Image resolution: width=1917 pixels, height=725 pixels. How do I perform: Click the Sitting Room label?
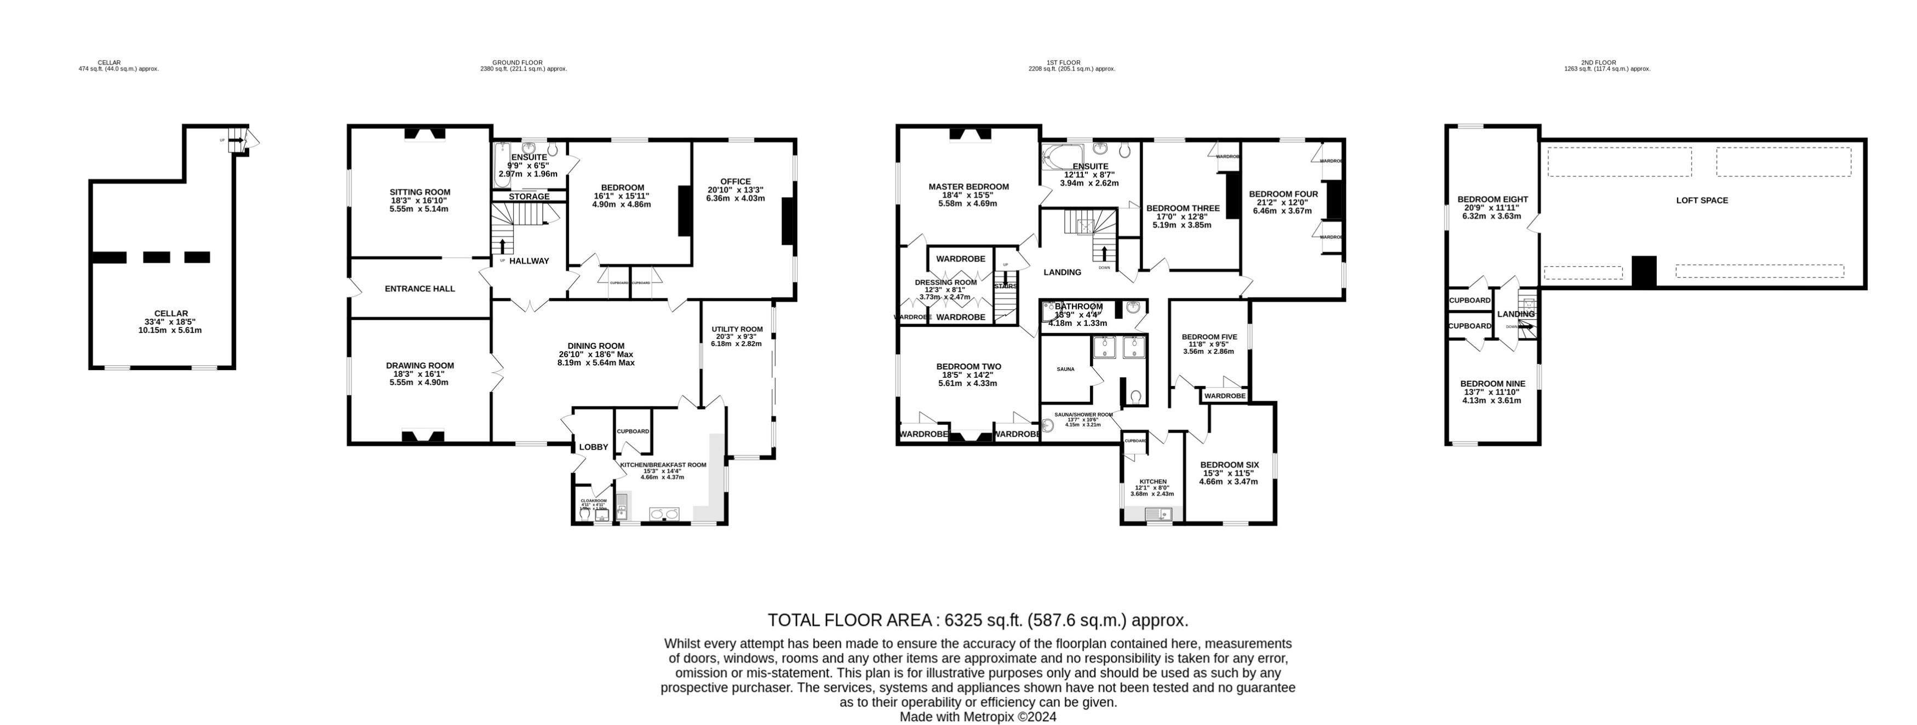tap(420, 192)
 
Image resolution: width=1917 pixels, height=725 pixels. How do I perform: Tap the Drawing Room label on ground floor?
tap(420, 365)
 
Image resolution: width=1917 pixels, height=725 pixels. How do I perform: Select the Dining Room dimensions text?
tap(595, 359)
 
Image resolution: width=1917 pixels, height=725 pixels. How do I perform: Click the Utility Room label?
tap(737, 329)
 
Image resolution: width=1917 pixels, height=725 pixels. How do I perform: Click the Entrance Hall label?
tap(420, 289)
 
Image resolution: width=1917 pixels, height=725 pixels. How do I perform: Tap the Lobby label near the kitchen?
tap(594, 447)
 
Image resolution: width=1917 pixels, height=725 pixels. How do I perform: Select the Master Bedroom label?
tap(968, 187)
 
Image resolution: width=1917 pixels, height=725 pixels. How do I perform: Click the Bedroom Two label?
tap(968, 366)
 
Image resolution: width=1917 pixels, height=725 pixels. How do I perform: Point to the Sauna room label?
tap(1065, 369)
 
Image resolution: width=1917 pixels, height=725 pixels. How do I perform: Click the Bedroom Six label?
tap(1230, 464)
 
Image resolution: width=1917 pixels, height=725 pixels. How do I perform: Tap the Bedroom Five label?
tap(1209, 336)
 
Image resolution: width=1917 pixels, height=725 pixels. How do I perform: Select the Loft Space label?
tap(1702, 200)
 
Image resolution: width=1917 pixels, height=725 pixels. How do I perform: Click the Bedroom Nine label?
tap(1492, 383)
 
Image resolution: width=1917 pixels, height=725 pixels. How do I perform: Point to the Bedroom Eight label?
tap(1492, 199)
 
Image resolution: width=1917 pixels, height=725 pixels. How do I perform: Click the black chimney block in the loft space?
tap(1644, 272)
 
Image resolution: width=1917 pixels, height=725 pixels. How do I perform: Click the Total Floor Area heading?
tap(977, 620)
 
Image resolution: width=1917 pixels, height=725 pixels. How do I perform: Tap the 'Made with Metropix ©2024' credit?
tap(977, 717)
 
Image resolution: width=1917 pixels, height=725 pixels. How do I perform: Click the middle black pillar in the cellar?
tap(156, 257)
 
